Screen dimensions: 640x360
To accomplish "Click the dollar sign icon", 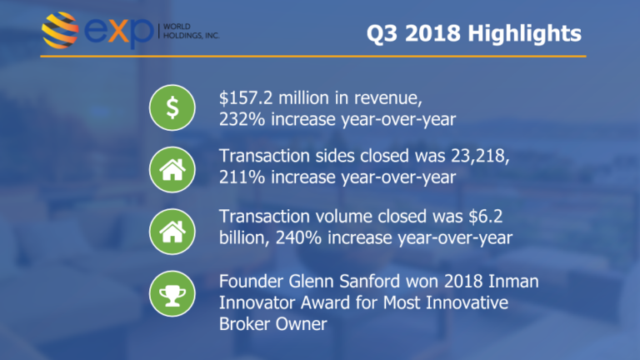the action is (172, 107).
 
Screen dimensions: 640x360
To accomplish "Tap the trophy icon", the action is (172, 293).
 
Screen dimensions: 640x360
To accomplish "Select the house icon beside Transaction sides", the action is (172, 169).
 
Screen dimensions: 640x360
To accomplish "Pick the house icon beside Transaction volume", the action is (172, 232).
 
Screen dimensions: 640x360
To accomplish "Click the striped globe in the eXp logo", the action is (60, 30).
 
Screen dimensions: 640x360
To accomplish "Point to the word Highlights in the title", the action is (524, 34).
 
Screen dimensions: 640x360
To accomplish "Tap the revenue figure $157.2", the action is (246, 98).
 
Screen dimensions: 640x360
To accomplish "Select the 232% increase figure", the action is (242, 120).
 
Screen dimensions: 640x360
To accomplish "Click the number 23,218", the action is (480, 157).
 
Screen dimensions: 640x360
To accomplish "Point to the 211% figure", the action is (242, 177).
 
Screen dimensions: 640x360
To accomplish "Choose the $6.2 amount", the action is (485, 217).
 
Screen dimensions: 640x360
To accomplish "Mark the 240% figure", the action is (298, 238).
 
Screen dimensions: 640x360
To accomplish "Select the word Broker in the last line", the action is (244, 324).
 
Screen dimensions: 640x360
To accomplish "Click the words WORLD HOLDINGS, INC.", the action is (191, 31).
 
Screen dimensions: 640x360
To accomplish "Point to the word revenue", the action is (387, 98).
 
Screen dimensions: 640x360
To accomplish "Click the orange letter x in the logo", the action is (120, 31).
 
